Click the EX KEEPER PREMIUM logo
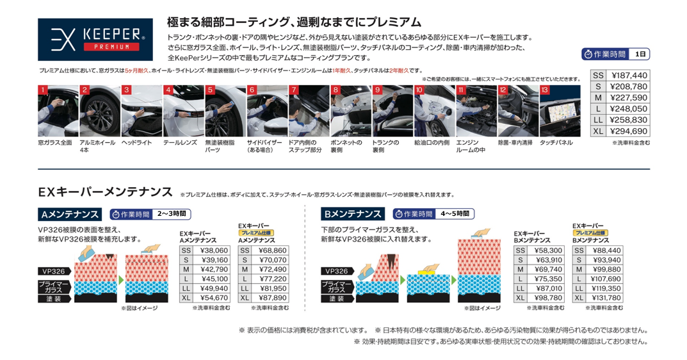(95, 40)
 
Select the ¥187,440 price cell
(627, 76)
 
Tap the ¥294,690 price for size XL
(627, 131)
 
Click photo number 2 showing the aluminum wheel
(99, 111)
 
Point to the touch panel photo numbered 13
(560, 111)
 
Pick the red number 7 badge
(293, 90)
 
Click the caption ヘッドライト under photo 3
(136, 142)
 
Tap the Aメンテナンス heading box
(70, 215)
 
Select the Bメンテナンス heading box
(353, 214)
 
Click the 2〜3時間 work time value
(172, 214)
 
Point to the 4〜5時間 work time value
(455, 213)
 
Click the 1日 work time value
(640, 54)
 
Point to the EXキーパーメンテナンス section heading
(105, 193)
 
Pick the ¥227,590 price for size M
(627, 98)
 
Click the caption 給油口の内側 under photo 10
(432, 142)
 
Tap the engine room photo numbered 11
(476, 111)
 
